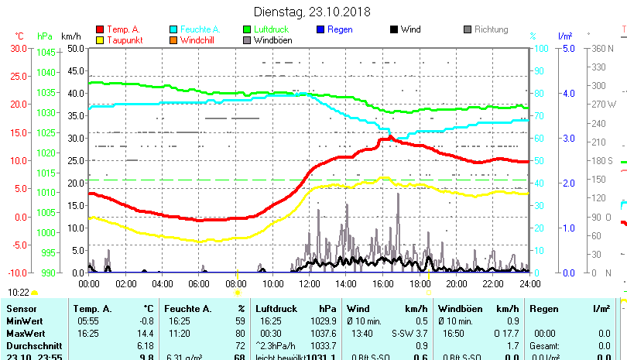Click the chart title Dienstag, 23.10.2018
(313, 12)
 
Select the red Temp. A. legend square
(100, 29)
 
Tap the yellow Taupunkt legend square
(100, 39)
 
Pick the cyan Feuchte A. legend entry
(194, 29)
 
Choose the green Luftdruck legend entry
(271, 29)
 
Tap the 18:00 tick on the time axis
(419, 283)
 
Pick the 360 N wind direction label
(603, 48)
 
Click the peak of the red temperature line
(389, 137)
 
